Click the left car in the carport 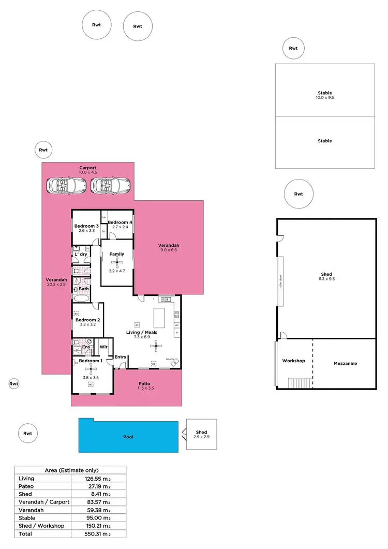tap(65, 185)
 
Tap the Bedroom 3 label tap(86, 226)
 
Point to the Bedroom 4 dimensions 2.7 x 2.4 tap(120, 227)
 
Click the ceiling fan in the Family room tap(116, 263)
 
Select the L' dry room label tap(80, 255)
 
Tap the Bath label tap(83, 289)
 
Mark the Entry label tap(121, 357)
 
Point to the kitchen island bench tap(159, 317)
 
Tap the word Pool tap(128, 437)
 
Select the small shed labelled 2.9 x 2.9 tap(201, 435)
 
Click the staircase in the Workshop tap(300, 383)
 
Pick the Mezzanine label tap(345, 364)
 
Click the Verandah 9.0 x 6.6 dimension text tap(169, 250)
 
